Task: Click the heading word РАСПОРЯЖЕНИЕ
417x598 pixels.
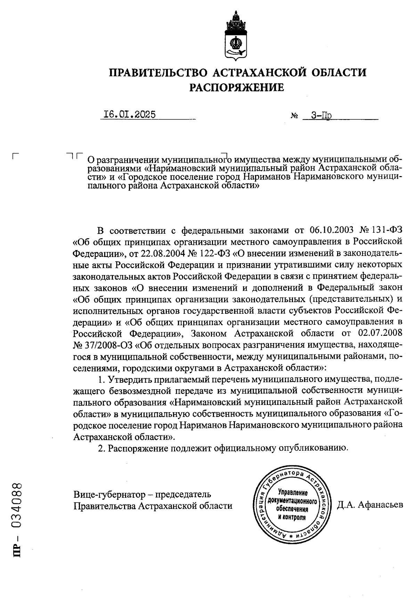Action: click(x=236, y=88)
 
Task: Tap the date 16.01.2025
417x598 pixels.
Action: click(x=130, y=115)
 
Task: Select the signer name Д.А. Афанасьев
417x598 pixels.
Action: click(x=370, y=505)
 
